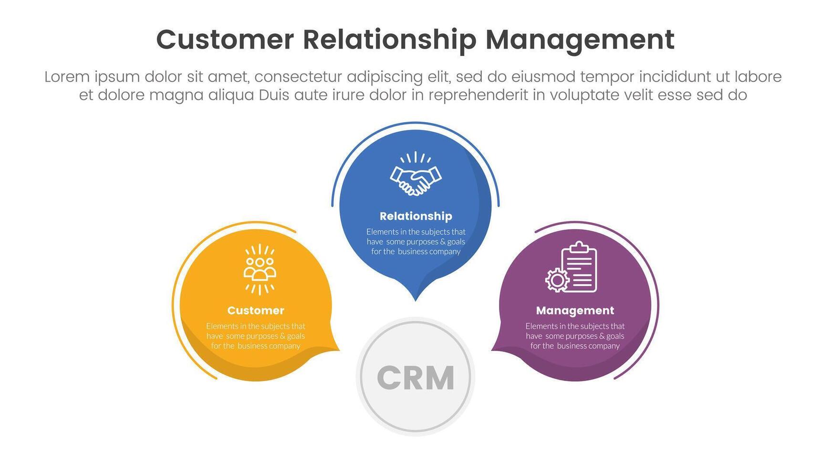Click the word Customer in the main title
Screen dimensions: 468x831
(x=225, y=40)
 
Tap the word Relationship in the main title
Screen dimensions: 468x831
(x=389, y=40)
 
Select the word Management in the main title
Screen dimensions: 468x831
(x=580, y=40)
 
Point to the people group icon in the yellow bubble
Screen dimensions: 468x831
(x=260, y=269)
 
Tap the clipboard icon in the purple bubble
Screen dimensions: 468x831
(x=579, y=266)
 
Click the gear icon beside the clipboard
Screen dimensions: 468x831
(x=557, y=280)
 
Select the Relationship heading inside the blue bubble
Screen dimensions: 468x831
(x=415, y=216)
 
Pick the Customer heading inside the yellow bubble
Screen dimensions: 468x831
(x=256, y=311)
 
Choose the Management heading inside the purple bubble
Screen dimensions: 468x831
(x=575, y=311)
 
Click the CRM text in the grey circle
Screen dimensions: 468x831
(x=415, y=378)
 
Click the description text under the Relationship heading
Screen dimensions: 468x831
(x=415, y=242)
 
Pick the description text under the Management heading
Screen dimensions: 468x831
(x=575, y=336)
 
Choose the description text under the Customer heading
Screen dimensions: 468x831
(x=256, y=336)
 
